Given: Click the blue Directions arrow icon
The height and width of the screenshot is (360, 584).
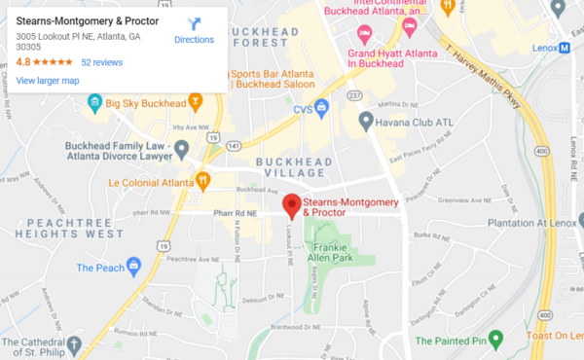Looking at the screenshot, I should click(193, 23).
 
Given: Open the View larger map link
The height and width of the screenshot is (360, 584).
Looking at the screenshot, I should click(48, 80).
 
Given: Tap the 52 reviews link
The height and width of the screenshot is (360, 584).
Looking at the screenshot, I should click(101, 61).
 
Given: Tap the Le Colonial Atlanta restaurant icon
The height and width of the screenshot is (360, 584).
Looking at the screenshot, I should click(202, 179).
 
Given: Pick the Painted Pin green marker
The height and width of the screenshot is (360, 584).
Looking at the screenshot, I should click(495, 340).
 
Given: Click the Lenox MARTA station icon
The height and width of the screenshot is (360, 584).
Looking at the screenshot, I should click(565, 49).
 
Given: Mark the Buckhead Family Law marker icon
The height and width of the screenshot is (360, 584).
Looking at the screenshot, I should click(181, 148).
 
